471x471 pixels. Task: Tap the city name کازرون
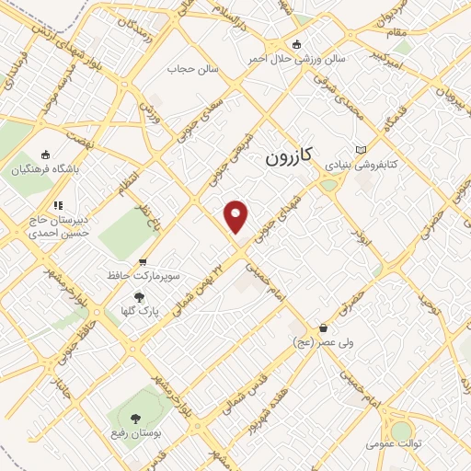(293, 156)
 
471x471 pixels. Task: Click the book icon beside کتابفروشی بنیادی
(361, 149)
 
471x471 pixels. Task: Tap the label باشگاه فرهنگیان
(47, 169)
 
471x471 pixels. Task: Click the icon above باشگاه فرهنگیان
(47, 155)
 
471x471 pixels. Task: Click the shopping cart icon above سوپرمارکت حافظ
(141, 261)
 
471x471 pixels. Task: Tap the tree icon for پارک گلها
(140, 296)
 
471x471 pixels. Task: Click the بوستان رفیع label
(138, 433)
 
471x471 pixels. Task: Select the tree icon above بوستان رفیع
(138, 419)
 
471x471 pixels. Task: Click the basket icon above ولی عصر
(323, 327)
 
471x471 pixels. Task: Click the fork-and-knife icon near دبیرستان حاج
(57, 205)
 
